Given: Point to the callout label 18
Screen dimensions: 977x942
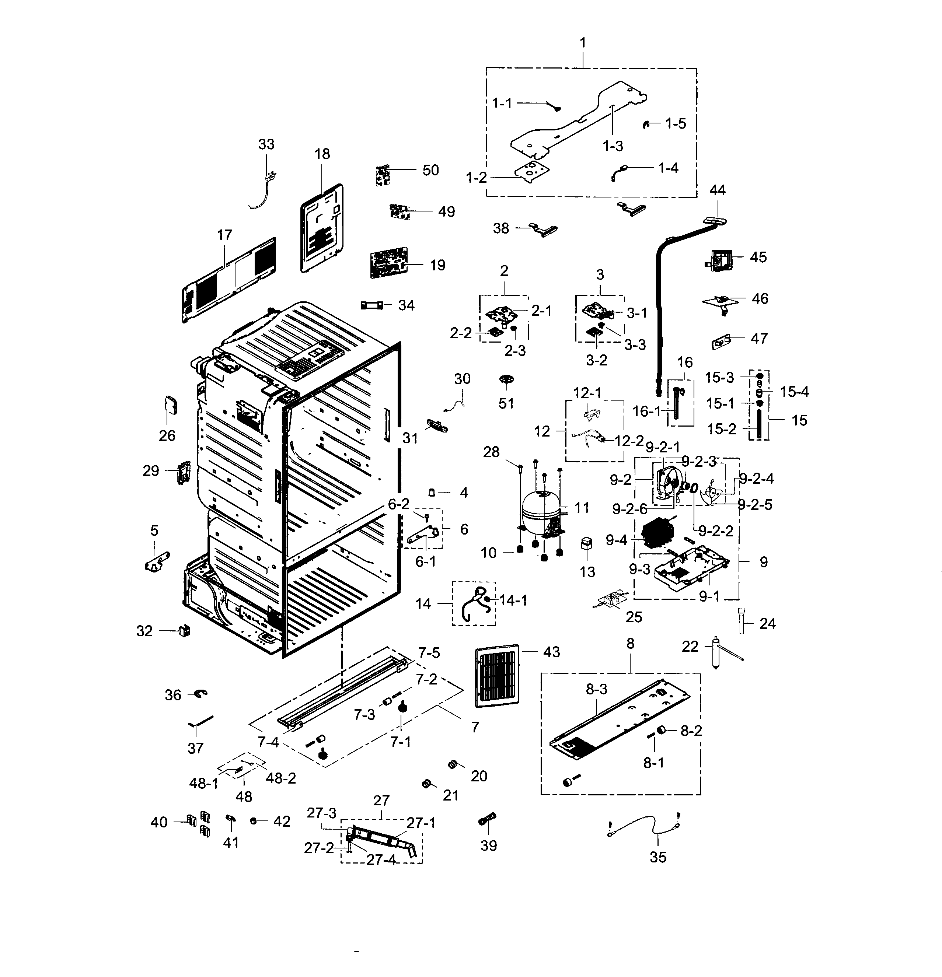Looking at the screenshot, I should pos(322,154).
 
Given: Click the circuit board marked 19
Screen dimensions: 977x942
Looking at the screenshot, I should pos(388,263).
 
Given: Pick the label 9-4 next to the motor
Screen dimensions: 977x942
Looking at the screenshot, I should pos(616,540).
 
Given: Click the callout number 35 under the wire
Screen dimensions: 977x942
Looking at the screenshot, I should pos(658,857).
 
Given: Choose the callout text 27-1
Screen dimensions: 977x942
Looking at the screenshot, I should pos(421,823).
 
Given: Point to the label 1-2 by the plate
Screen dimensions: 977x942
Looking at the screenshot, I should pos(476,178).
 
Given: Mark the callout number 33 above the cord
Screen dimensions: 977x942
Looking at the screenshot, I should pos(266,144).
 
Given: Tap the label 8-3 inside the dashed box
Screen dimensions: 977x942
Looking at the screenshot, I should pos(596,689).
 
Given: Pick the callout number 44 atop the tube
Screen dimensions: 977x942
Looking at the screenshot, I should pos(718,190).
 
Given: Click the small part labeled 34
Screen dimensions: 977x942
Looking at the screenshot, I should pos(372,305).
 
